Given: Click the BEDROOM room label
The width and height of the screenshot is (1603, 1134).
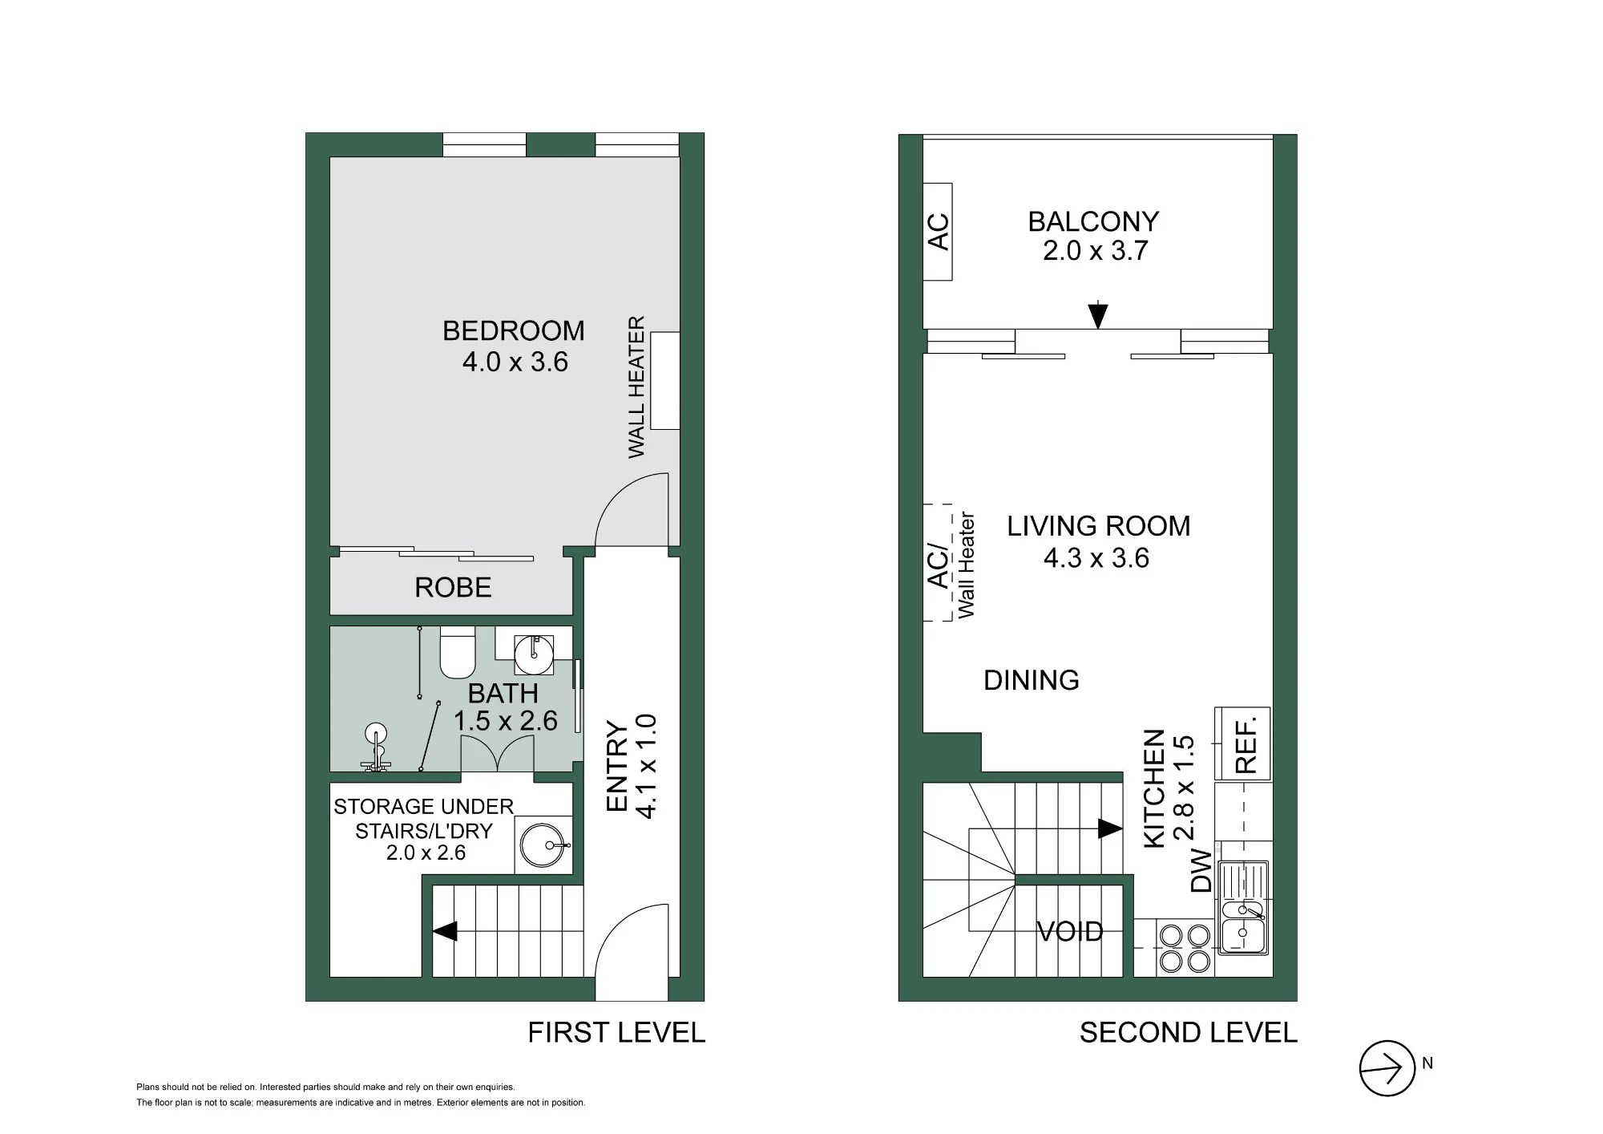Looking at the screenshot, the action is (x=514, y=330).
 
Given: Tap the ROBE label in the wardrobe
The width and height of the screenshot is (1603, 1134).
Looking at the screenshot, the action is (x=453, y=588).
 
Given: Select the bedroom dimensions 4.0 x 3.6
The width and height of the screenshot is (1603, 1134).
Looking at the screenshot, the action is (x=515, y=362).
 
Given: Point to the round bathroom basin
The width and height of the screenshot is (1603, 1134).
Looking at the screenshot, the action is (x=534, y=654).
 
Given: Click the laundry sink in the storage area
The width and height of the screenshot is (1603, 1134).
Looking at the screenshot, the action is (x=543, y=844).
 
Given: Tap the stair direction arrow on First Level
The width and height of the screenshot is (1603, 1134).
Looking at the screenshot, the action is (x=445, y=931).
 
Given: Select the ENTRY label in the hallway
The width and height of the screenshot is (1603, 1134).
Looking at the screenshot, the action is (x=617, y=766).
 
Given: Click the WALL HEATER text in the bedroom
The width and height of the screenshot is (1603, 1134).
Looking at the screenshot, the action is (x=636, y=387).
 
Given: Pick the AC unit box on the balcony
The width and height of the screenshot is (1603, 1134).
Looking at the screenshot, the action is (x=938, y=232).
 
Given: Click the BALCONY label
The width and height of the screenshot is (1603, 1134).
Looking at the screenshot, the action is (x=1093, y=221).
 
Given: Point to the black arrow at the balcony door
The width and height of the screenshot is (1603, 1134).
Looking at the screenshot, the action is (x=1098, y=315).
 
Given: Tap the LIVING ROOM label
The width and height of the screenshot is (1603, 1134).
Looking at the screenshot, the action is (x=1099, y=526).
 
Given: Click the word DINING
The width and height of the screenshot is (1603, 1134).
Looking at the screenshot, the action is (x=1032, y=680).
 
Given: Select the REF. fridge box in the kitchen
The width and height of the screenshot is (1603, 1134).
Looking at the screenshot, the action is (x=1242, y=743).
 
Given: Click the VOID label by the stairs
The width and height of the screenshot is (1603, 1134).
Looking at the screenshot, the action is (x=1070, y=931).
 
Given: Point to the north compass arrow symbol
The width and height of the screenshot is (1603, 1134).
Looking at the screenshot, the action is (x=1387, y=1068).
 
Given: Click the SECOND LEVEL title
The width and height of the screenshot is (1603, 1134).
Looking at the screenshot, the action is (x=1189, y=1032).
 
